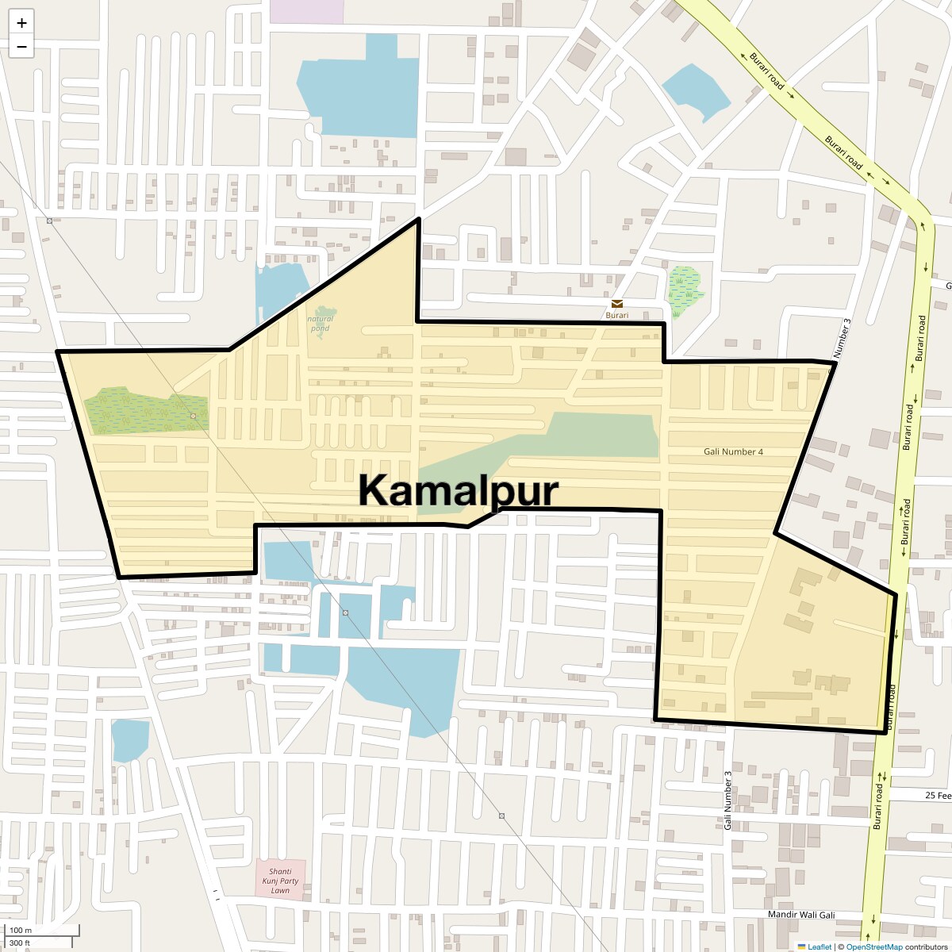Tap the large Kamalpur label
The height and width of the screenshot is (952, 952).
point(459,490)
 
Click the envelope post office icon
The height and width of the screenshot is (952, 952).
point(616,304)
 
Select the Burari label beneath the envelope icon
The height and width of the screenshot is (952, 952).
point(616,315)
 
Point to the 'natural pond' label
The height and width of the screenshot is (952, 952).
point(321,324)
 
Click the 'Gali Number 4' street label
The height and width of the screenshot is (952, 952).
point(733,451)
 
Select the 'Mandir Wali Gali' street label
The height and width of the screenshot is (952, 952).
point(801,915)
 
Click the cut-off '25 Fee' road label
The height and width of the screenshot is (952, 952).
point(938,795)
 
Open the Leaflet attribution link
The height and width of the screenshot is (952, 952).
point(819,946)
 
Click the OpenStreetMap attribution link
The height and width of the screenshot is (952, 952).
point(873,946)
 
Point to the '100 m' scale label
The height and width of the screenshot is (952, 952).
point(21,931)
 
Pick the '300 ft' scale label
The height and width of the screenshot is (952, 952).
point(21,942)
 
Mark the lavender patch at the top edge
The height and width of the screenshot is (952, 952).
point(306,10)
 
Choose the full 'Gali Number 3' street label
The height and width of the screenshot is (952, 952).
point(727,800)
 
